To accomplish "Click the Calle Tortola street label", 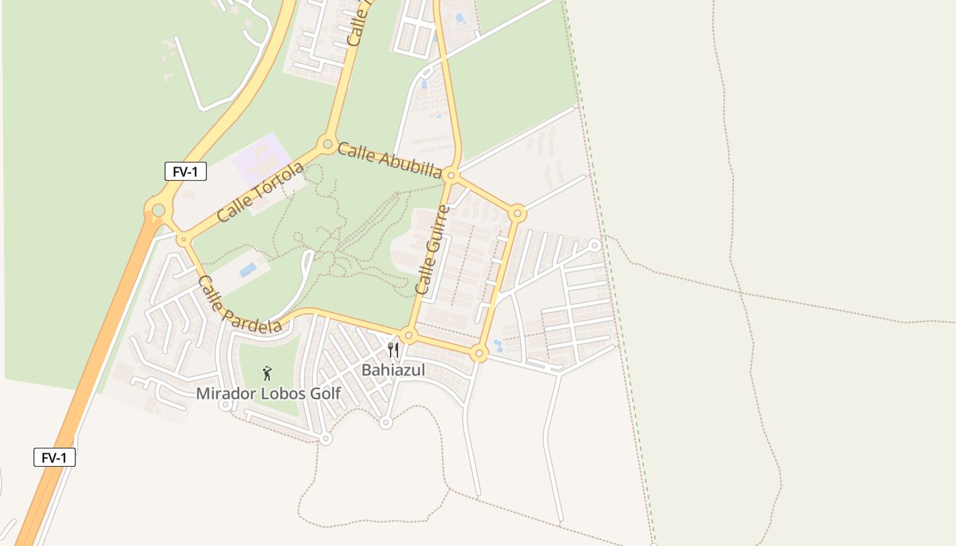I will coord(259,192).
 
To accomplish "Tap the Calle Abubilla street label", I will coord(389,160).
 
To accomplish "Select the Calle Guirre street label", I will coord(433,250).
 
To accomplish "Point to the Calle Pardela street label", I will coord(239,305).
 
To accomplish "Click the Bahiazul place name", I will coord(393,370).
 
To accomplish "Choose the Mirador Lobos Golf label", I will coord(268,393).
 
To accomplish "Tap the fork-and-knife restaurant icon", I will coord(393,350).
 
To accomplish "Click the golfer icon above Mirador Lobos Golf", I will coord(267,373).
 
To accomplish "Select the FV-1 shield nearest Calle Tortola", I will coord(185,171).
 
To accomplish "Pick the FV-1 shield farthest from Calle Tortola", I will coord(55,457).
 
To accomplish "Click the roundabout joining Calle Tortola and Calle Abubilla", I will coord(328,145).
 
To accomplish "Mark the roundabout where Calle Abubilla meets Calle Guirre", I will coord(451,175).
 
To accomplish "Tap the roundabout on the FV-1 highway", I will coord(158,210).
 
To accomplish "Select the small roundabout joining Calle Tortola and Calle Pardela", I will coord(183,240).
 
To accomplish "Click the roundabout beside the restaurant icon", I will coord(408,336).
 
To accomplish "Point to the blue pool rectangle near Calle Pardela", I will coord(248,270).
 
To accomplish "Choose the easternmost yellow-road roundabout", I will coord(518,214).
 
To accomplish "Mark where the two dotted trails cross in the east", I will coord(741,293).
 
